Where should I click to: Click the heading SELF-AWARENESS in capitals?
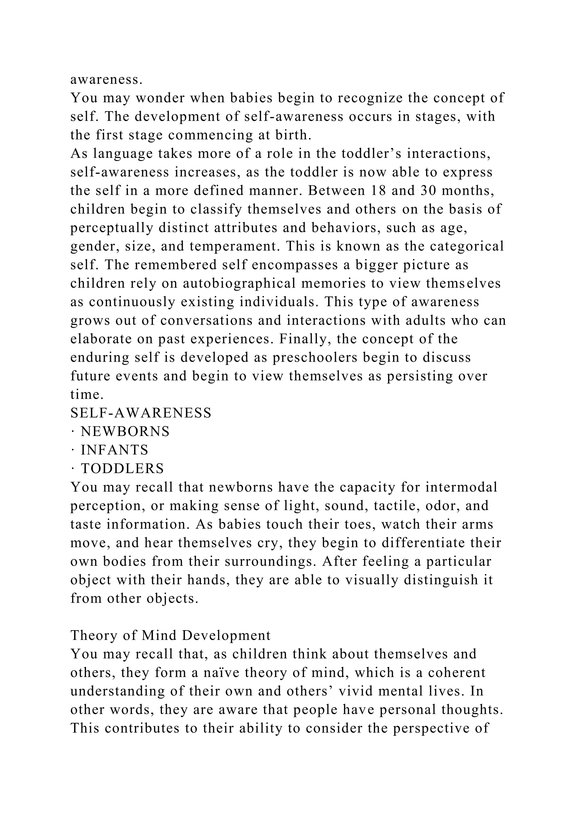point(141,413)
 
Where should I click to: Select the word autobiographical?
point(239,283)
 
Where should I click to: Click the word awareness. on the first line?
point(107,80)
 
